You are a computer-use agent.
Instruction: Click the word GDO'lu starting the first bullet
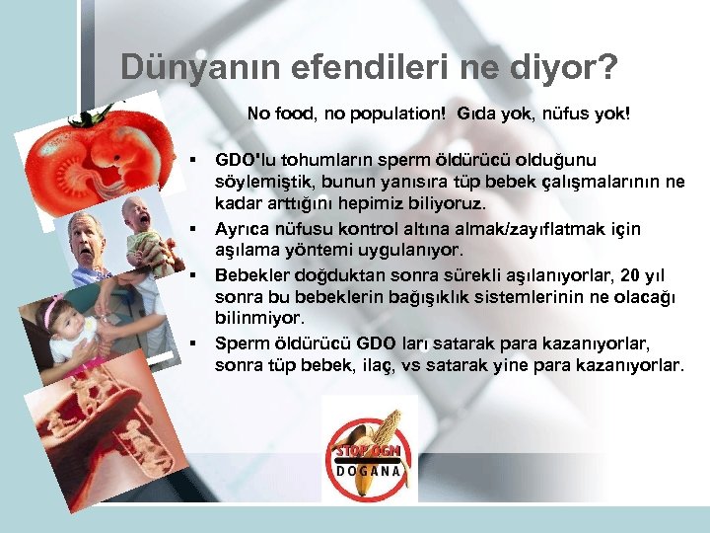(x=246, y=159)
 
